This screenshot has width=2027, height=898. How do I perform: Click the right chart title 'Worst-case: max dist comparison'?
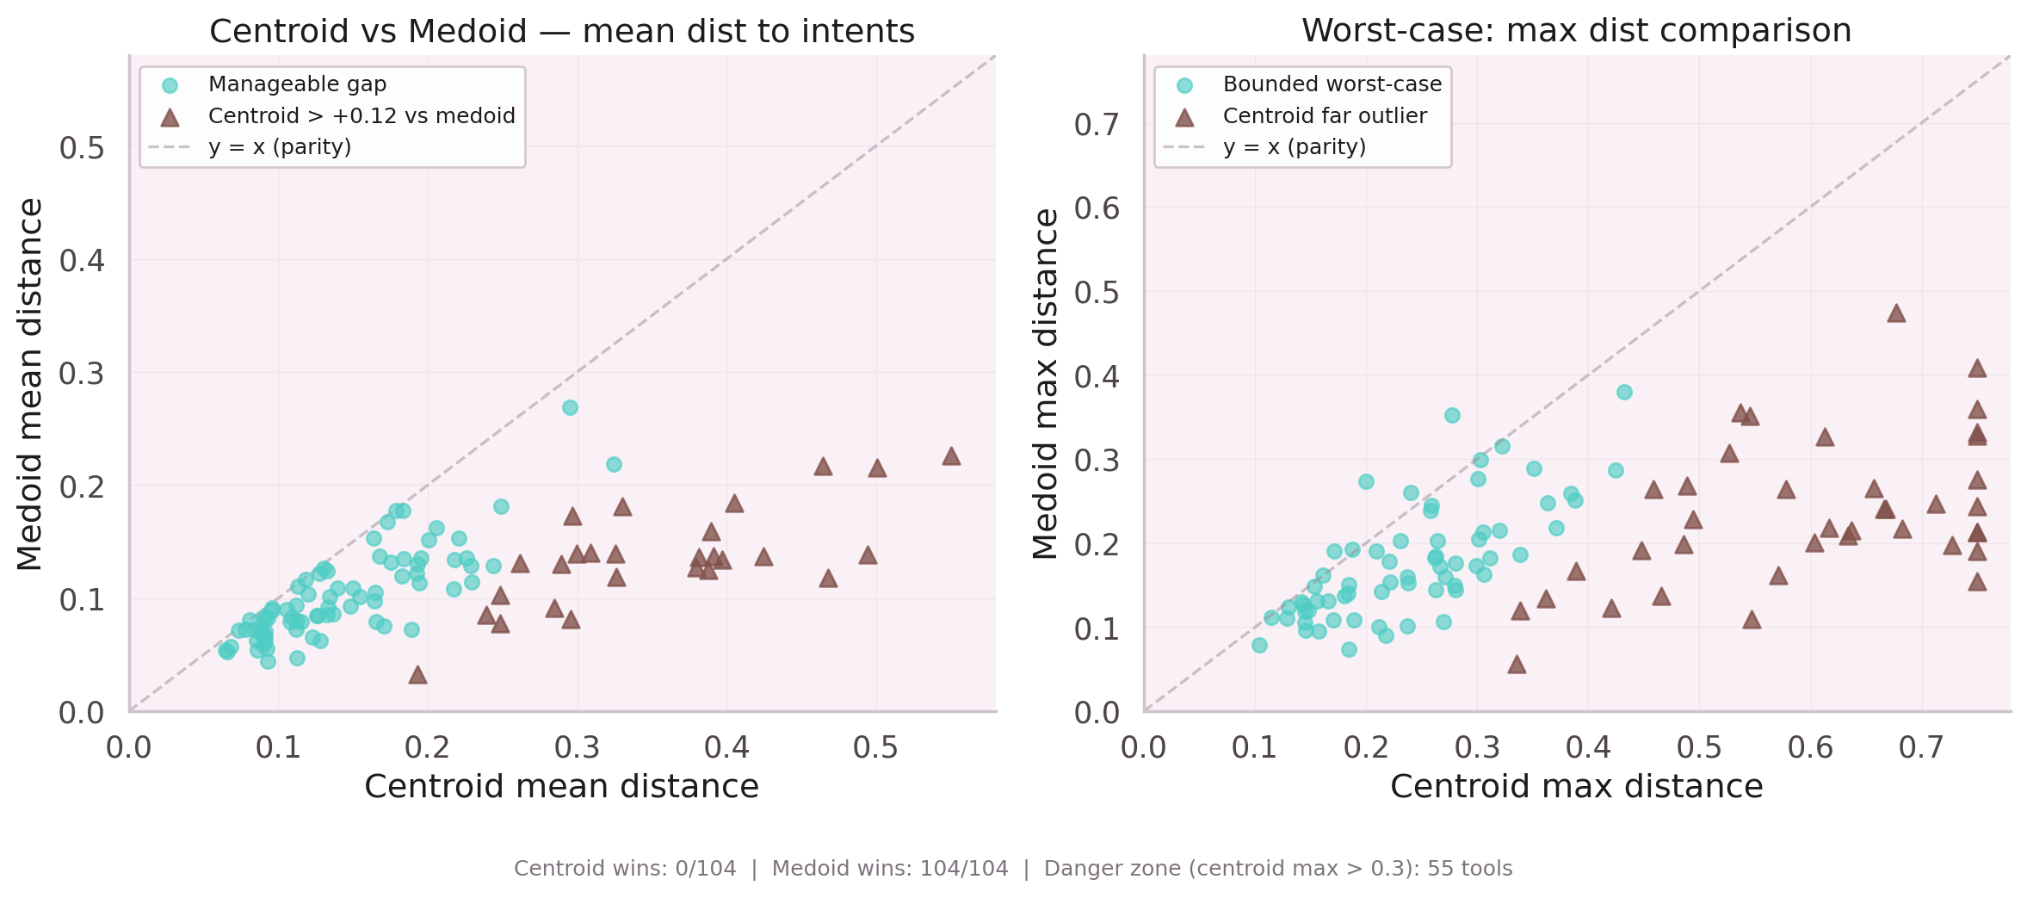(1576, 31)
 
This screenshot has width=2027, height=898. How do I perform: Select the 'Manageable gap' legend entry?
(297, 84)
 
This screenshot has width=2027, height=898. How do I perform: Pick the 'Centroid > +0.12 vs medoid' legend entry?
(362, 116)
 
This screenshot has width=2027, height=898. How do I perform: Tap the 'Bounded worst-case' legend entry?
(1332, 84)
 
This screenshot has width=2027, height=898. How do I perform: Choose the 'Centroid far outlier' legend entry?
(1324, 116)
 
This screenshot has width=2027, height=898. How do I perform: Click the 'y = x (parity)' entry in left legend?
(280, 147)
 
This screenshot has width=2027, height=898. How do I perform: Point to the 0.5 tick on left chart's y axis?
(82, 148)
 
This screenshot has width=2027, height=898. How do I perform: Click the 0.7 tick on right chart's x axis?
(1920, 747)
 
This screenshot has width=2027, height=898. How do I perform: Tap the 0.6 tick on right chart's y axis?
(1097, 208)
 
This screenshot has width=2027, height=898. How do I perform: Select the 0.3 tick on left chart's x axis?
(577, 747)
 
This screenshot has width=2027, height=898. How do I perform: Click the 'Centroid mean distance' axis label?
(561, 787)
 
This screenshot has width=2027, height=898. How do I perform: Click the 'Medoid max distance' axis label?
(1046, 384)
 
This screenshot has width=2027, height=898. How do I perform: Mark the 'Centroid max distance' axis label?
(1576, 787)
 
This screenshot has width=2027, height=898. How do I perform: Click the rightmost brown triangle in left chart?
(950, 456)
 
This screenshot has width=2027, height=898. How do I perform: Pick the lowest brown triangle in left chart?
(417, 675)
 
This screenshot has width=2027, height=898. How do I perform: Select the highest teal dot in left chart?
(570, 407)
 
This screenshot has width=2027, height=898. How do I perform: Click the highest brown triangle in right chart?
(1895, 314)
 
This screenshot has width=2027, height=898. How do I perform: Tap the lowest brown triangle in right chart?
(1517, 665)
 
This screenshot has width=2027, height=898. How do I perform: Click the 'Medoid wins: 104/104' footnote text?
(889, 869)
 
